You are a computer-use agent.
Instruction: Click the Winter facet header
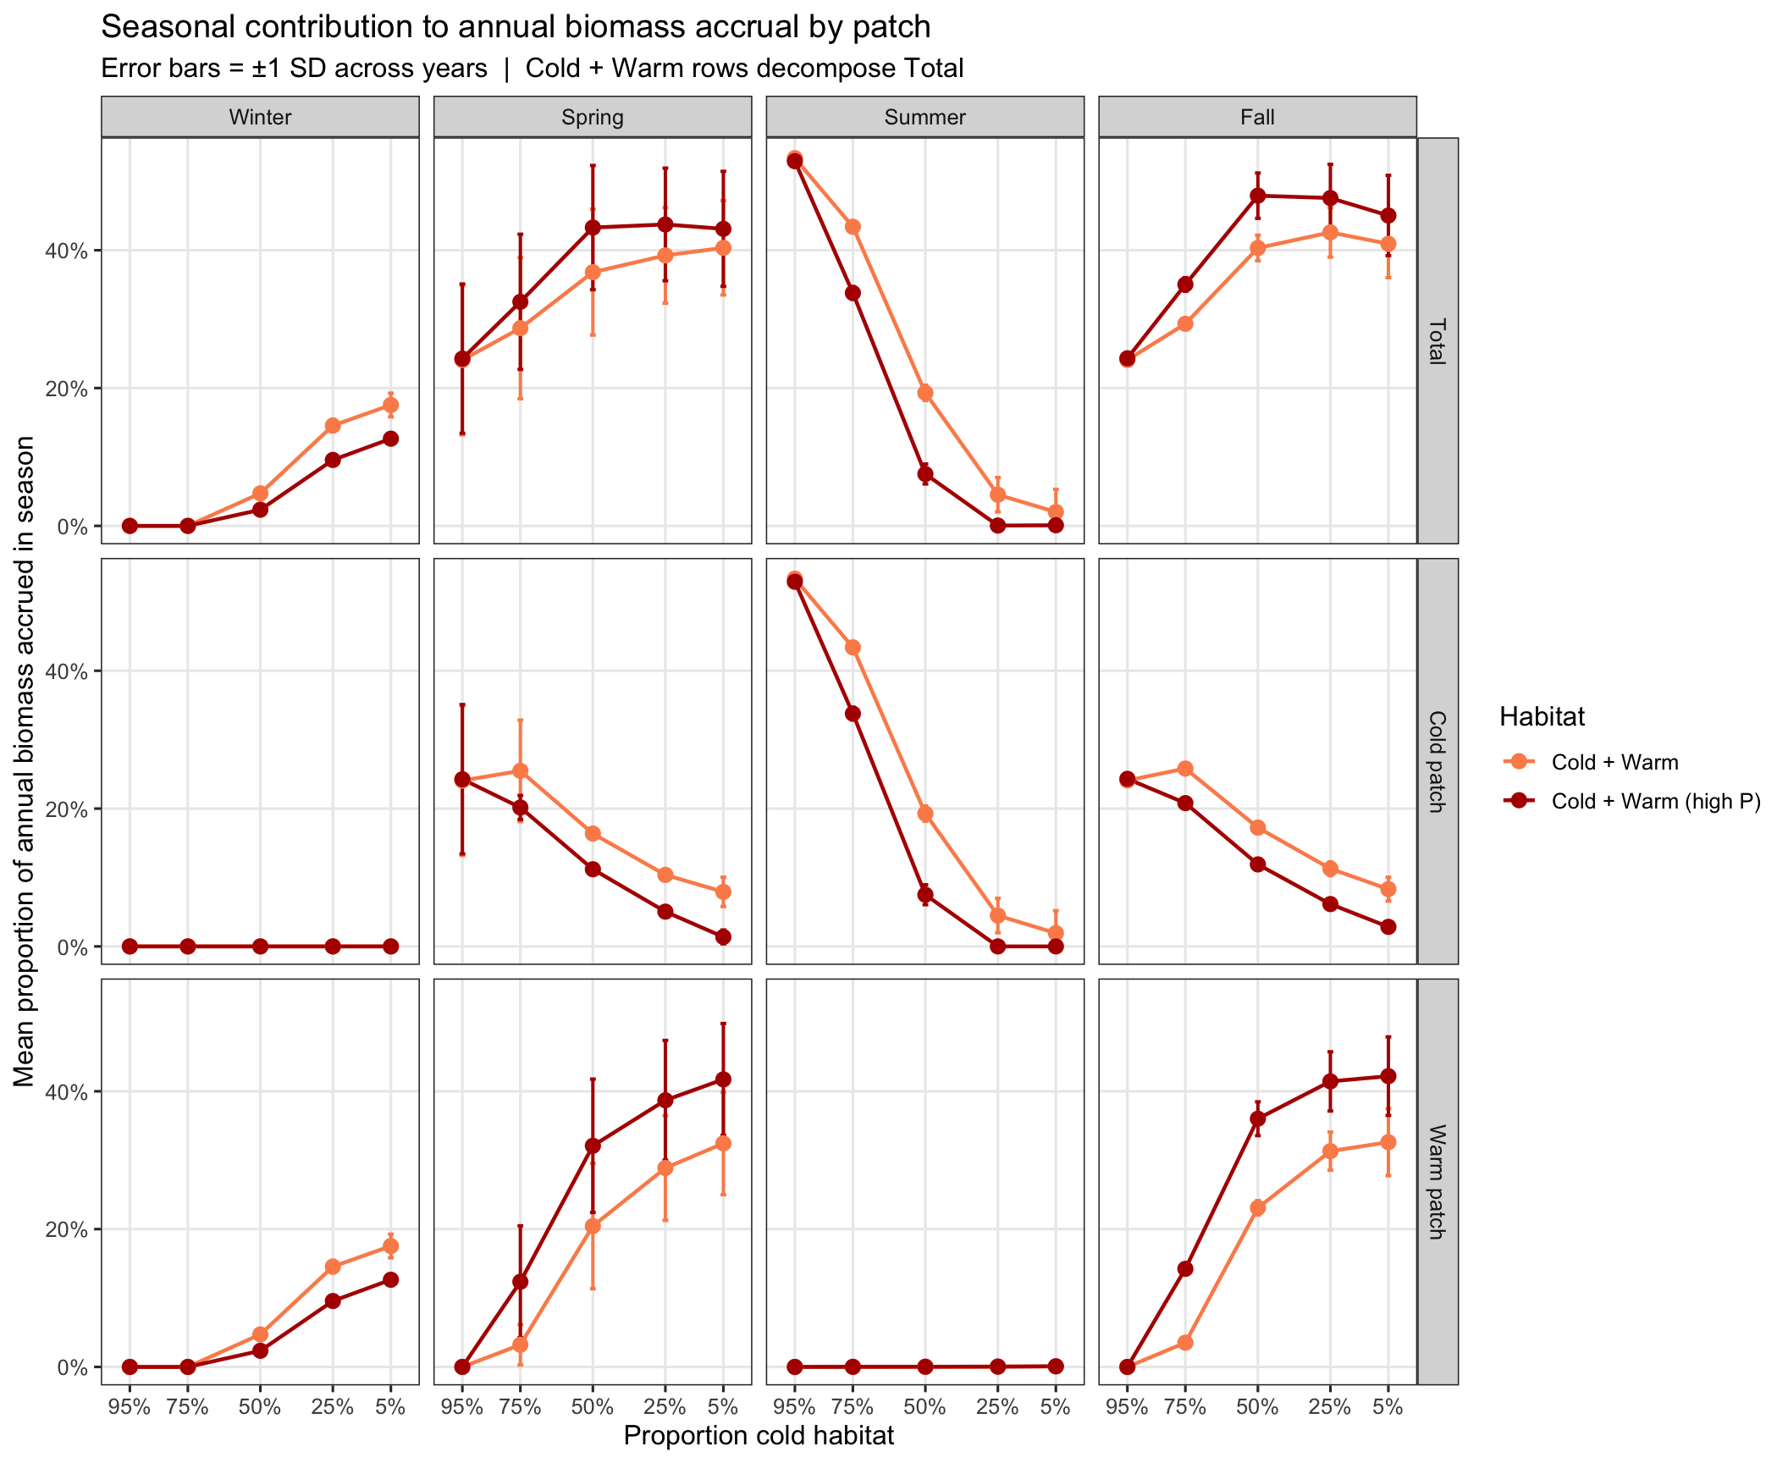[260, 117]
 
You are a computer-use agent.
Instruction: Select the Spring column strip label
[593, 117]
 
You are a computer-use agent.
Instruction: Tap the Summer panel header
[924, 117]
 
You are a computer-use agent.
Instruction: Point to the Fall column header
[1257, 117]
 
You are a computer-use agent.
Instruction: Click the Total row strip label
[1438, 340]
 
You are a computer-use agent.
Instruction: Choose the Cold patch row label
[1438, 761]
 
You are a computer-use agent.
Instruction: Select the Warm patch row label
[1438, 1182]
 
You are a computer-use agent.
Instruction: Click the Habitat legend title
[1542, 717]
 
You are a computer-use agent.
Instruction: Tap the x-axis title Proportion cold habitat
[759, 1436]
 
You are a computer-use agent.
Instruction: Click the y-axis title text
[24, 761]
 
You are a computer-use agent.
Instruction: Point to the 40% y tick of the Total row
[67, 251]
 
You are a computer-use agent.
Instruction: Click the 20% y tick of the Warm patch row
[67, 1229]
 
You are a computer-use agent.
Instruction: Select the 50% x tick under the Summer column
[924, 1407]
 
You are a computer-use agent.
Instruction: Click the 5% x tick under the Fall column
[1388, 1407]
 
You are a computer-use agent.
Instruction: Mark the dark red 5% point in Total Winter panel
[390, 439]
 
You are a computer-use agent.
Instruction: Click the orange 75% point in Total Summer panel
[853, 227]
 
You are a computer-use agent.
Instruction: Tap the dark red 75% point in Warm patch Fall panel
[1185, 1269]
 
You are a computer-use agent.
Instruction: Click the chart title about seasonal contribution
[516, 27]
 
